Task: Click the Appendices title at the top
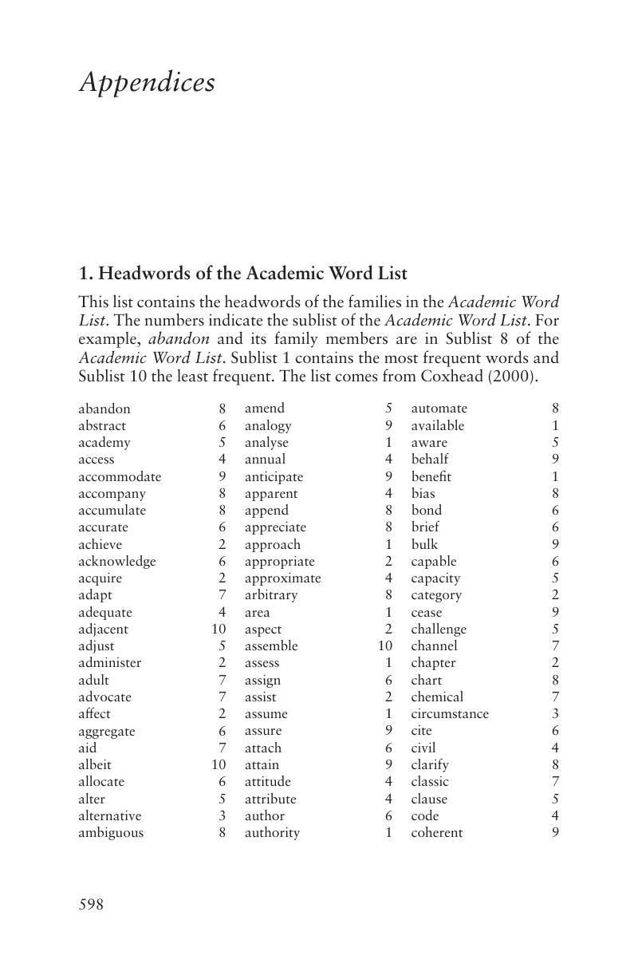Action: coord(147,83)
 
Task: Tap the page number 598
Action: coord(91,905)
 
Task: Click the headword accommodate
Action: coord(120,476)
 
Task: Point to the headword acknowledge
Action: coord(117,561)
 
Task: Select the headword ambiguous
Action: coord(111,833)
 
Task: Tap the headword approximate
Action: coord(282,578)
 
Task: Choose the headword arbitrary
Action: coord(270,595)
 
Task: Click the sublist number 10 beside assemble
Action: coord(385,645)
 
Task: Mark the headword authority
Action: coord(272,833)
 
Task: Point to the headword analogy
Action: coord(268,425)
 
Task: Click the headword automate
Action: coord(439,409)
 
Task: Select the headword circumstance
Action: coord(450,714)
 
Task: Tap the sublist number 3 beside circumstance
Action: coord(555,714)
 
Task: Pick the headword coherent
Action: coord(436,833)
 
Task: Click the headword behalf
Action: coord(429,460)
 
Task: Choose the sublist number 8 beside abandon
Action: coord(223,409)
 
